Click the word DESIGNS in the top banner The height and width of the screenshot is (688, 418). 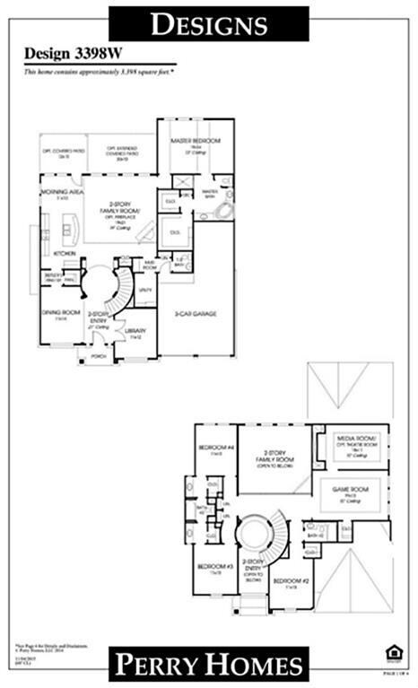point(208,24)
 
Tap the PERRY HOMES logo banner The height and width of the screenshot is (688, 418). point(208,665)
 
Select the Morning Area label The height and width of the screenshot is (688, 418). point(60,193)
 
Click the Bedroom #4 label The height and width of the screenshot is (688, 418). point(216,447)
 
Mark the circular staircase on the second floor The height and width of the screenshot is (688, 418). point(259,536)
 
